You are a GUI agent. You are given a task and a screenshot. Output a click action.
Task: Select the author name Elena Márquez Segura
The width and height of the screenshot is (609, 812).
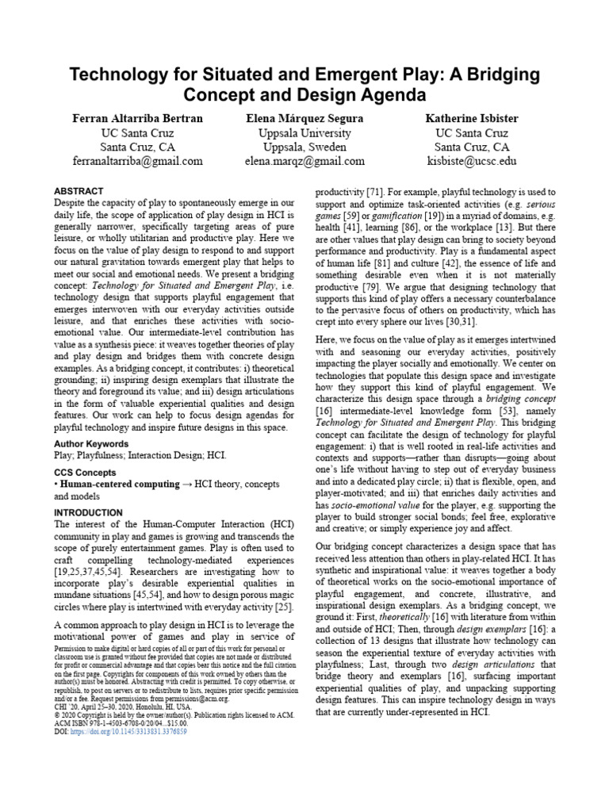[304, 118]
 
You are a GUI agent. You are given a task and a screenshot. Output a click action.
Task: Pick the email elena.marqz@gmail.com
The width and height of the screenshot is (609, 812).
[304, 161]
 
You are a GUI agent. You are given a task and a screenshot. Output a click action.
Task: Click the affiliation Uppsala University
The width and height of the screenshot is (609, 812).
[304, 132]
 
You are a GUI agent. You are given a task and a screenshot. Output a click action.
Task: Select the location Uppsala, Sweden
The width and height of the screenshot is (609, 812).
[304, 147]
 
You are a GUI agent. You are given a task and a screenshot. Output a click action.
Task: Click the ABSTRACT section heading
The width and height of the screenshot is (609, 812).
[79, 192]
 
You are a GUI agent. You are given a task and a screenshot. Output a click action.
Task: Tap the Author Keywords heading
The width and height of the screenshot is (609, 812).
[90, 442]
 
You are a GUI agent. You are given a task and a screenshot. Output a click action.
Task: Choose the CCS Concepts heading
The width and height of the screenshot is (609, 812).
[85, 472]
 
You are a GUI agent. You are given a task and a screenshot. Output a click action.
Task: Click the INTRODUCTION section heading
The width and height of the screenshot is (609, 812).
[87, 513]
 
